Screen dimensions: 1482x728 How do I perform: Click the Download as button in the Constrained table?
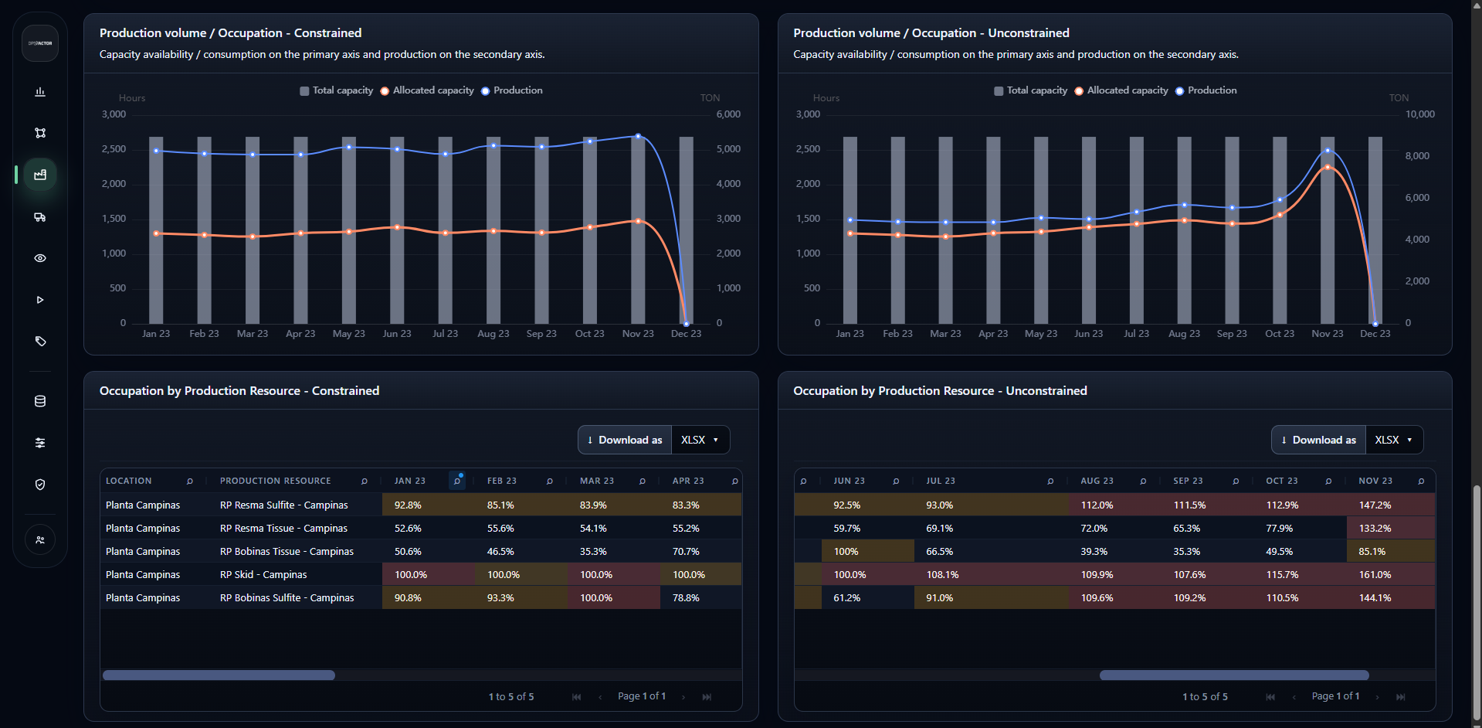[625, 440]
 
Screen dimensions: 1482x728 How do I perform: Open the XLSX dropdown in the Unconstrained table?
[1394, 440]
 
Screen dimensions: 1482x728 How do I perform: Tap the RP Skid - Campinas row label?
[263, 574]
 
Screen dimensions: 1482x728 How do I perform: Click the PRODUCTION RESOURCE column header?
[276, 481]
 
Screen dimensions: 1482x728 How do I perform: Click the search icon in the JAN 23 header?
[457, 481]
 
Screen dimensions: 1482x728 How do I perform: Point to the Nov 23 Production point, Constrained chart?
[638, 136]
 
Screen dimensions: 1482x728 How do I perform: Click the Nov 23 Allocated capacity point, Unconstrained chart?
[1328, 167]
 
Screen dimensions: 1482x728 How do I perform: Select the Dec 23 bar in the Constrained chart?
[686, 230]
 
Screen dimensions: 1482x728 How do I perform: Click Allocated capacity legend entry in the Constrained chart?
[427, 90]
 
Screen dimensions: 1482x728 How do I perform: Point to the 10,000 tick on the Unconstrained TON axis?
[1419, 114]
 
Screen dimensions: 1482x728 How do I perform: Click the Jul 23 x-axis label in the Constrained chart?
[445, 334]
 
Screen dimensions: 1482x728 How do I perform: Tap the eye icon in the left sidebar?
[40, 258]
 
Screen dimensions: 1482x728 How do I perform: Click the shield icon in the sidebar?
[40, 485]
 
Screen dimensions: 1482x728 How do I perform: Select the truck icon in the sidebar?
[40, 217]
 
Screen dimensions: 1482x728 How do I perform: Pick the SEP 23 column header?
[1188, 481]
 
